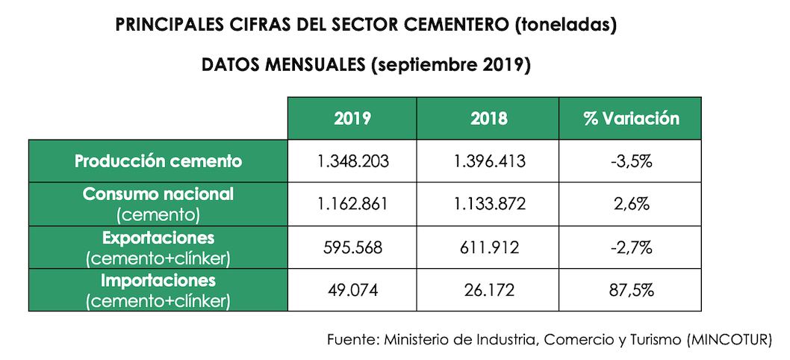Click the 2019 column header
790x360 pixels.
352,118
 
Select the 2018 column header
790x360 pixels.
489,118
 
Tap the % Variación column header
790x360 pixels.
631,118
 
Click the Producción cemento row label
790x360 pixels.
158,161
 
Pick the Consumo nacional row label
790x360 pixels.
158,194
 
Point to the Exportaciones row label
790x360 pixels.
158,238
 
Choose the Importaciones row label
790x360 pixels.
158,281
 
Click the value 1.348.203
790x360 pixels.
352,161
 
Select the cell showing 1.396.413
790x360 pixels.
489,161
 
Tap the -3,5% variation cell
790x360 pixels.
631,161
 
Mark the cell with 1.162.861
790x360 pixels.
352,203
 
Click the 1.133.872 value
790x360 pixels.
489,203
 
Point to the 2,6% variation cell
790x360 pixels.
631,203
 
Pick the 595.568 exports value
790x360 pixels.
352,246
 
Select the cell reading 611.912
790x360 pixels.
489,246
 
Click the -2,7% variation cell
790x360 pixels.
631,246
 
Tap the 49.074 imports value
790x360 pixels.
352,290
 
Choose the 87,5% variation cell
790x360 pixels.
631,290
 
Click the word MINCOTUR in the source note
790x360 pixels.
730,340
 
